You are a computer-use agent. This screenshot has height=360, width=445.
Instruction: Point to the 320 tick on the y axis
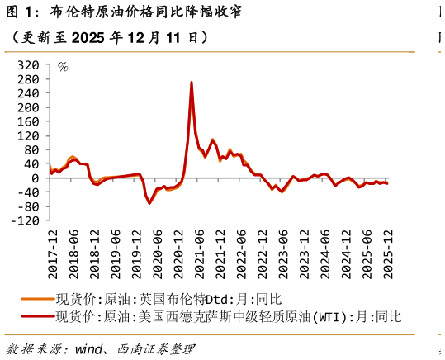coord(29,65)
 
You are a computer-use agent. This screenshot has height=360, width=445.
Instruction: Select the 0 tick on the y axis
coord(35,178)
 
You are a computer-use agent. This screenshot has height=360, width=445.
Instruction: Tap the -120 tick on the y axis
coord(26,220)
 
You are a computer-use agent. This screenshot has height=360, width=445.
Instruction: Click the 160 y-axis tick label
coord(29,121)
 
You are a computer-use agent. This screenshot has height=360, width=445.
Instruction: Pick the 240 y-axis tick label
coord(29,93)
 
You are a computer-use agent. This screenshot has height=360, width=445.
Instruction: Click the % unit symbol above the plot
coord(63,66)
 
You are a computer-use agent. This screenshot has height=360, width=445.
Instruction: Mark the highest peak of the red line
coord(192,83)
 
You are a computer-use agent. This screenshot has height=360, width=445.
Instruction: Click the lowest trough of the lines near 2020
coord(149,202)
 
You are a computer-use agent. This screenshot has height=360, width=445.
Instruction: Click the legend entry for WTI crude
coord(227,316)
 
